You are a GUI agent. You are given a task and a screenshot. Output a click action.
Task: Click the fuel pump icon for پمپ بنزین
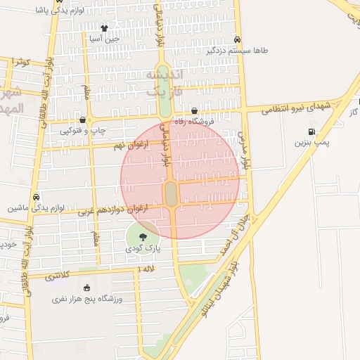(311, 131)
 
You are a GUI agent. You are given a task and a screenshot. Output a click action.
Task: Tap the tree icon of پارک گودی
(143, 237)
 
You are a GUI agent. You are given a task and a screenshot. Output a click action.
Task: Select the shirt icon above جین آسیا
(104, 29)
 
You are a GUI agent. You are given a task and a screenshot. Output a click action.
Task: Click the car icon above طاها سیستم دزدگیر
(238, 40)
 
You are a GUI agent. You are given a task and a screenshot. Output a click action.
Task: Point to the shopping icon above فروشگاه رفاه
(195, 111)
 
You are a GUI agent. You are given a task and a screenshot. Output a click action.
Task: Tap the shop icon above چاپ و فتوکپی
(84, 120)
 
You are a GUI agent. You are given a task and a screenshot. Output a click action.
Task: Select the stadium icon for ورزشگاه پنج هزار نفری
(86, 288)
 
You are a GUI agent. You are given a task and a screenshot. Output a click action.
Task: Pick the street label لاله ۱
(148, 269)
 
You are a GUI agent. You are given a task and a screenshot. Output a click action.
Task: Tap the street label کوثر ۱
(19, 63)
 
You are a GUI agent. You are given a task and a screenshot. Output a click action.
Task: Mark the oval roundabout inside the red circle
(171, 194)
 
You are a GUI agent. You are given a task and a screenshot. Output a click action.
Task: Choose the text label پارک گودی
(143, 249)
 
